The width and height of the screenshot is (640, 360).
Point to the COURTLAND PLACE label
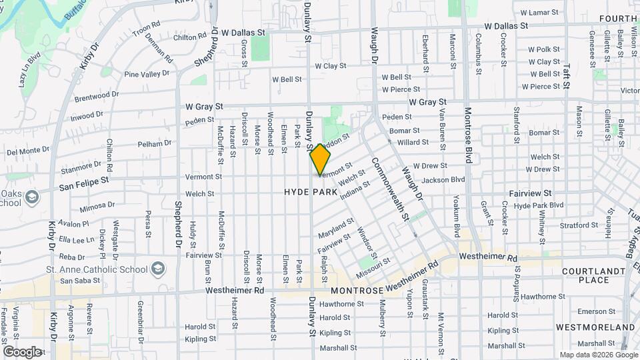click(x=585, y=275)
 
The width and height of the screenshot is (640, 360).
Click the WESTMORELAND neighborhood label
click(x=595, y=327)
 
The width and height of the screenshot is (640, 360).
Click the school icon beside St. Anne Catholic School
click(x=158, y=268)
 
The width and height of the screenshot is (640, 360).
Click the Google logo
click(x=21, y=351)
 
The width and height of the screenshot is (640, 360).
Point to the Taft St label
click(x=567, y=75)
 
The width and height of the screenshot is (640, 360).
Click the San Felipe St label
click(x=83, y=183)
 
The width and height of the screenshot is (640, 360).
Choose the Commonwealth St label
click(x=391, y=189)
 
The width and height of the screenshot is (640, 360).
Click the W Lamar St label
click(x=539, y=13)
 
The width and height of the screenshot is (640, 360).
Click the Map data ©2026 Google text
click(x=597, y=355)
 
